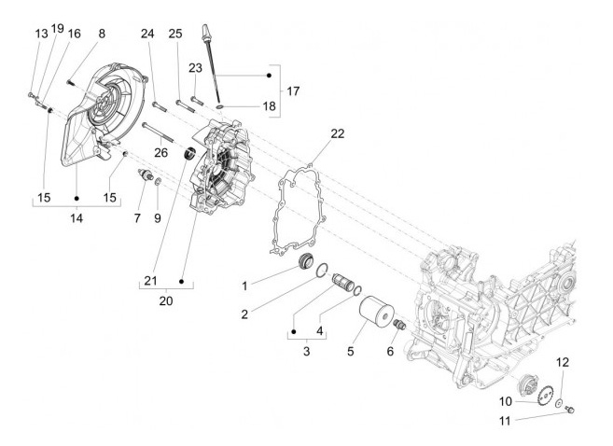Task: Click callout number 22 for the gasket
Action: (337, 133)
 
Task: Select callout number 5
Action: (352, 353)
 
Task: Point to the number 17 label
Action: (293, 91)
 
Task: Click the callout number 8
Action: (101, 34)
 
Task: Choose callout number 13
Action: (41, 34)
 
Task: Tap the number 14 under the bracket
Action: (77, 217)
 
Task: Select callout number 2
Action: (244, 314)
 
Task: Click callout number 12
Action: (563, 361)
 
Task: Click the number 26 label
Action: (162, 152)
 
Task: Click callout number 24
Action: (147, 34)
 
